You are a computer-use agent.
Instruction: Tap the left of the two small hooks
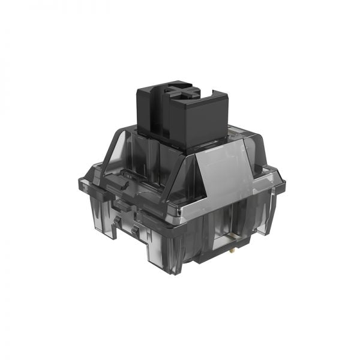[x=118, y=226]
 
